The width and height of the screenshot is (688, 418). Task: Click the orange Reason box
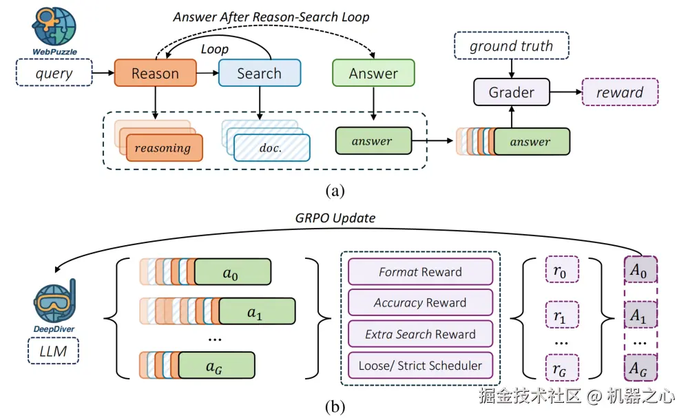point(155,73)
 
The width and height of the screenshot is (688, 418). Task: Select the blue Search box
point(259,73)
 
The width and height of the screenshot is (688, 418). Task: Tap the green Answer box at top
point(373,73)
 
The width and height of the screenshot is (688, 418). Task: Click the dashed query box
point(54,73)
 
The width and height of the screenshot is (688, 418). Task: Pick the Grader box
point(512,92)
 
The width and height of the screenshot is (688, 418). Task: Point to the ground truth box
point(511,47)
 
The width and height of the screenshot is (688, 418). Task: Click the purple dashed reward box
point(620,92)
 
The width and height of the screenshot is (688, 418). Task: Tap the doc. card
point(272,147)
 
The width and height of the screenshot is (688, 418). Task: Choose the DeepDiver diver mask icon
point(54,301)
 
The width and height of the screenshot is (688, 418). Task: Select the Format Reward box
point(420,272)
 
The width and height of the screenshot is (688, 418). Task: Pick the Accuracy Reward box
point(420,303)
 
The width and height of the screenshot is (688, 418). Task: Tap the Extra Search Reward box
point(420,334)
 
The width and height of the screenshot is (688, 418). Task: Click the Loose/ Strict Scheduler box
point(420,365)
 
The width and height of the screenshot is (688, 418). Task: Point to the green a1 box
point(256,311)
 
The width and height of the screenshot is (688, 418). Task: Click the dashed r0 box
point(561,271)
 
